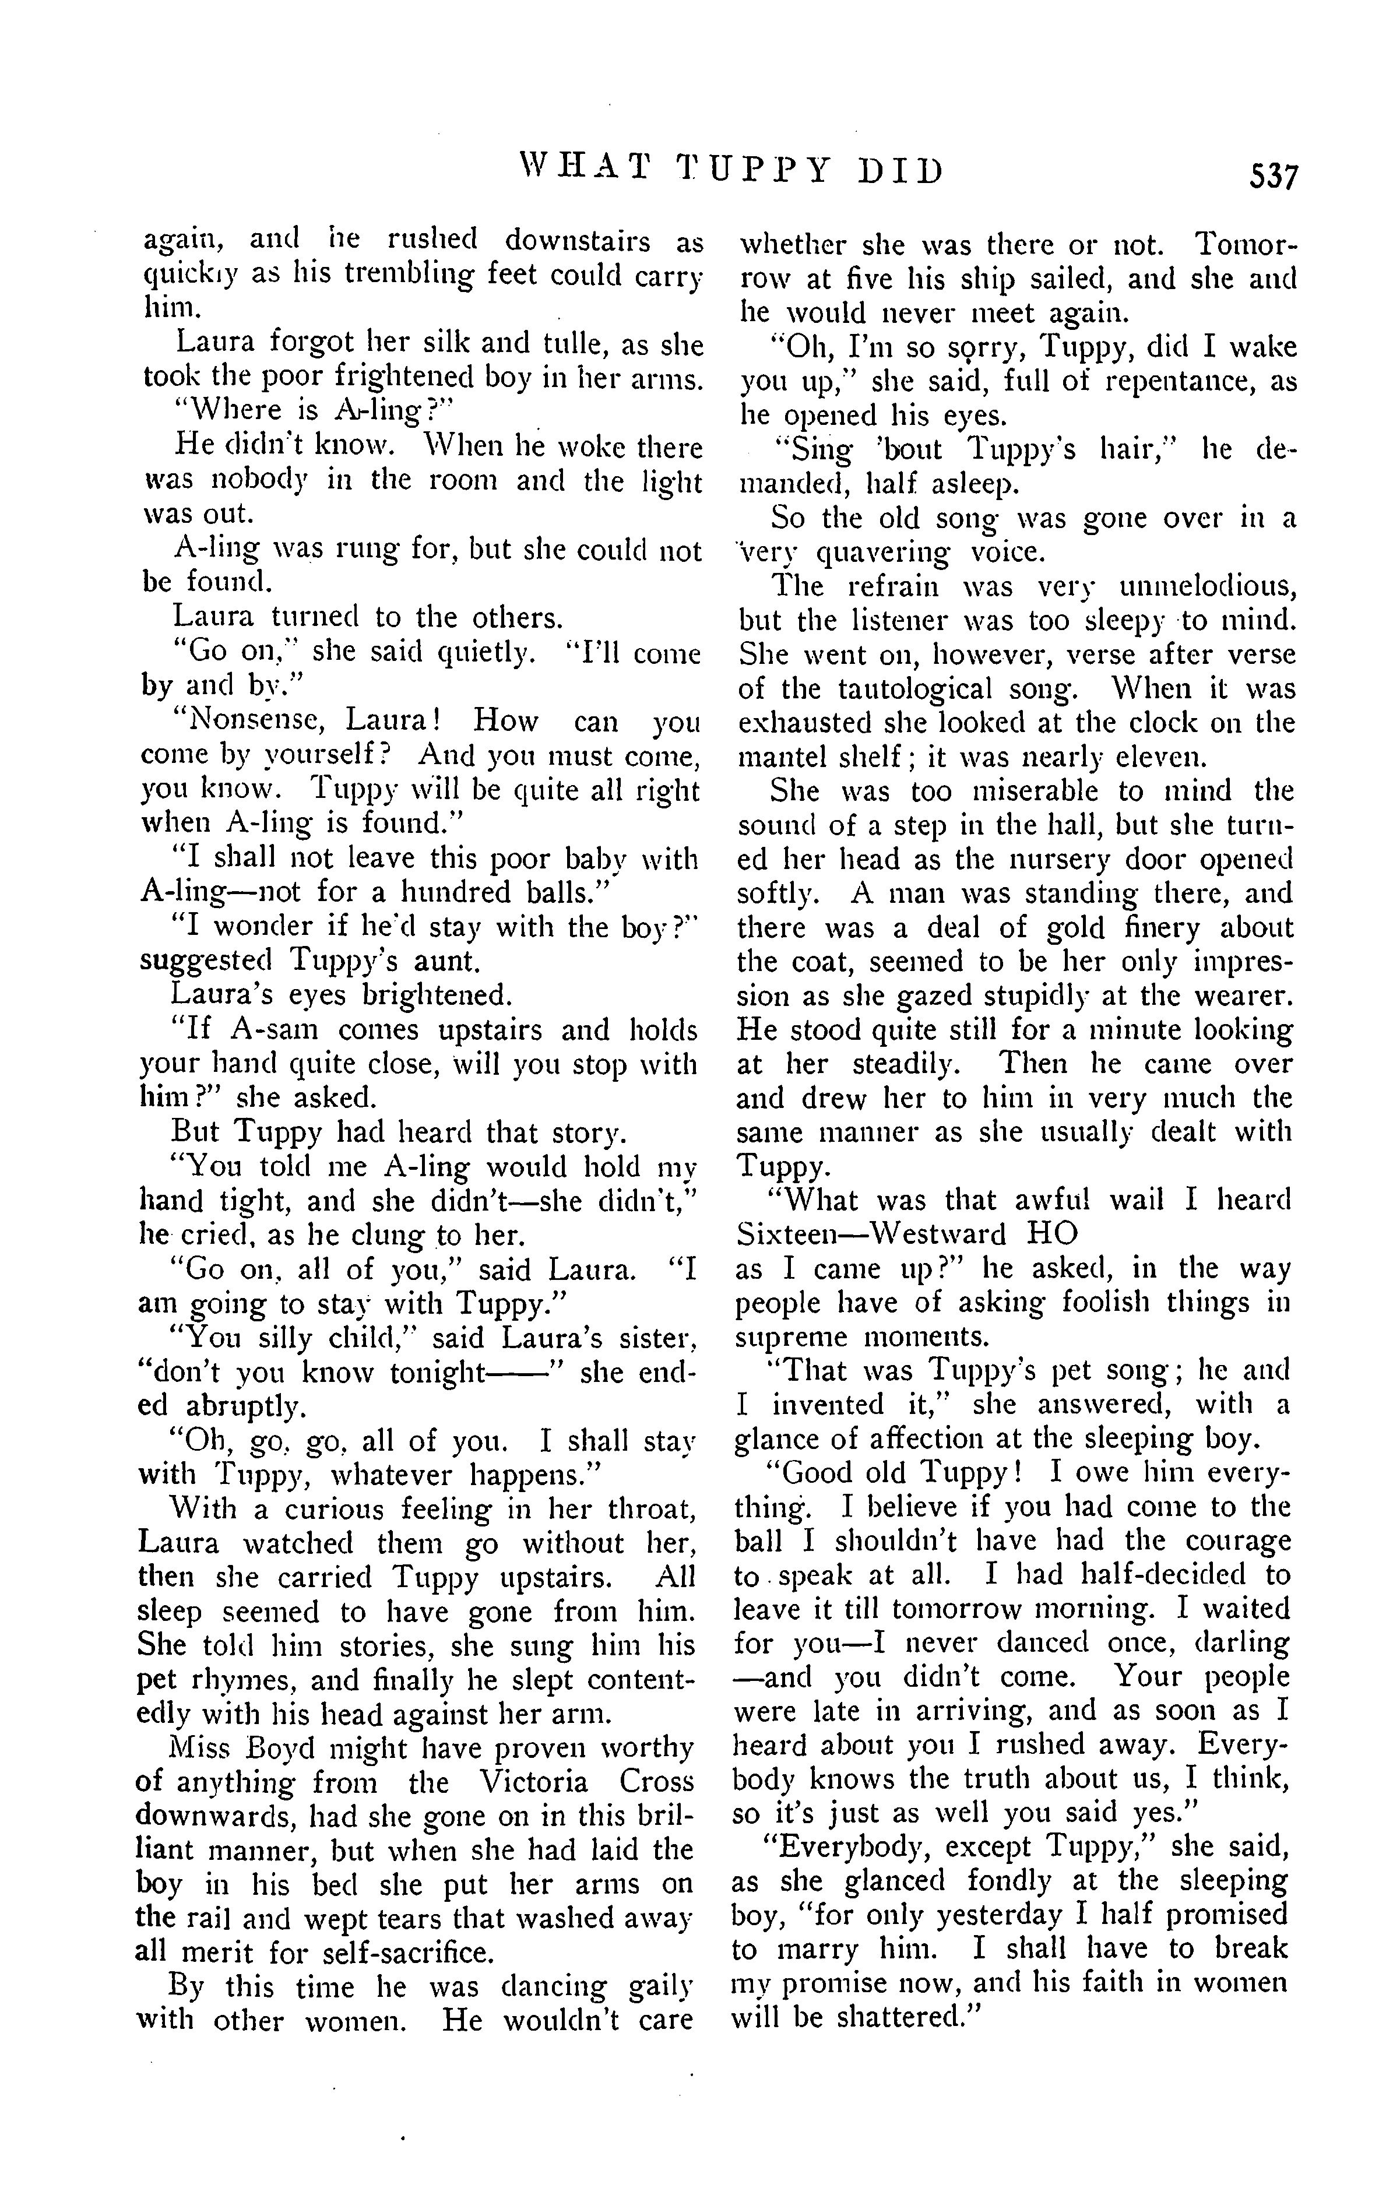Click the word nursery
(x=1050, y=860)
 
